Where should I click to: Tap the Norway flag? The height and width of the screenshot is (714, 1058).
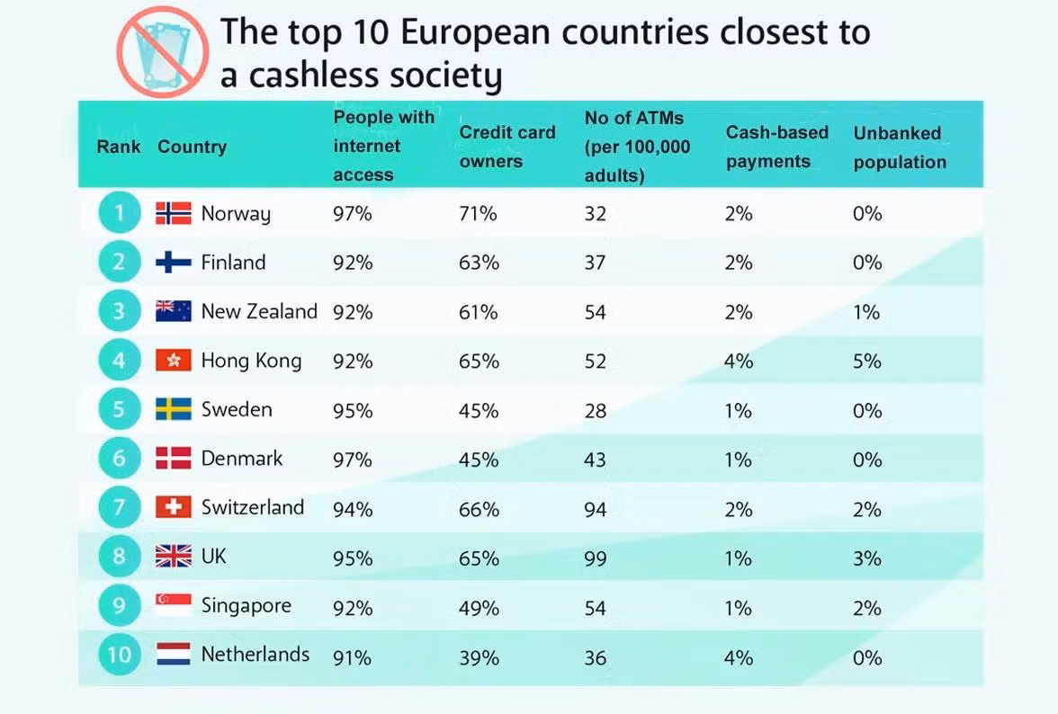pos(174,213)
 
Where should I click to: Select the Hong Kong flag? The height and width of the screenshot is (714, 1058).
pos(174,361)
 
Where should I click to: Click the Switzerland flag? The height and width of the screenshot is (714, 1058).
pos(174,508)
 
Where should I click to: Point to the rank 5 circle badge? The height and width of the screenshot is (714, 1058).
pos(120,410)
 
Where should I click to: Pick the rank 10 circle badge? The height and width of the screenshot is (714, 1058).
pos(120,655)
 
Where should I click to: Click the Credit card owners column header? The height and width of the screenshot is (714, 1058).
pos(507,147)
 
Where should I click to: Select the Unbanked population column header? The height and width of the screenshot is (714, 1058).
pos(900,147)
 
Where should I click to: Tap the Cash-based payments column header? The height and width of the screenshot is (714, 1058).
pos(777,147)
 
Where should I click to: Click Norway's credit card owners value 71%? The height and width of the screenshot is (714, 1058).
pos(479,214)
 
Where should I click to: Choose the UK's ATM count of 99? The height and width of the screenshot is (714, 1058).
pos(596,558)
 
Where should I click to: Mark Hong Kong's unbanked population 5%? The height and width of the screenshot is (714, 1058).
pos(867,361)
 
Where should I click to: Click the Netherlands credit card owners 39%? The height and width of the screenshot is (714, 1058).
pos(479,658)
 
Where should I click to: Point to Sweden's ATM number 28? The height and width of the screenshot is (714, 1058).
pos(596,411)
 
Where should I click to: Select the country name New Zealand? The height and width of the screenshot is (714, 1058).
pos(259,312)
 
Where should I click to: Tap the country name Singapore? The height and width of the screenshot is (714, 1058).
pos(247,605)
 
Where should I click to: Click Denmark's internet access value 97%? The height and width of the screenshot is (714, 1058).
pos(353,460)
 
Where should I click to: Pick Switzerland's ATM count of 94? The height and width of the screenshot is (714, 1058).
pos(596,510)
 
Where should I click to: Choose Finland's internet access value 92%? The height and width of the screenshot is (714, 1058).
pos(353,263)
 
